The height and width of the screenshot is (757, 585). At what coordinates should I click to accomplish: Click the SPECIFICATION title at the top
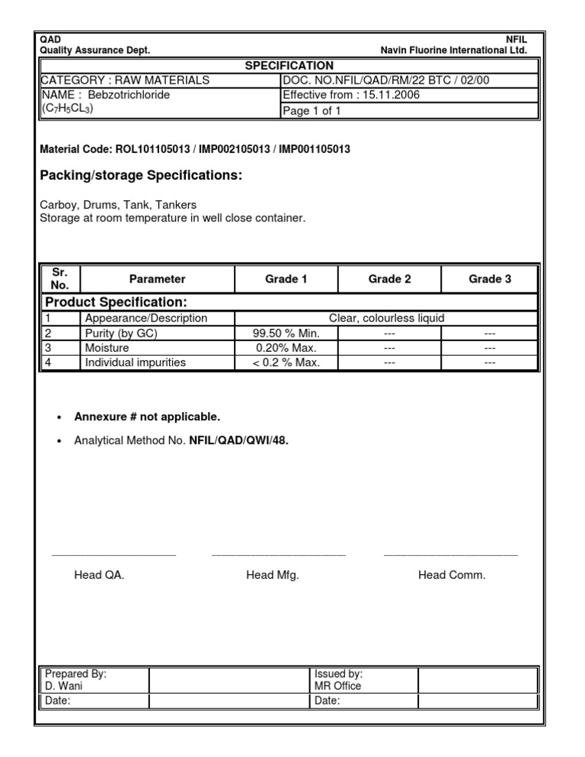(x=289, y=66)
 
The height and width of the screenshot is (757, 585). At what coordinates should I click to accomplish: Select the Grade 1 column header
(x=286, y=279)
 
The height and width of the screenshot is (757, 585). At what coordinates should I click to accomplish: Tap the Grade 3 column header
(x=490, y=279)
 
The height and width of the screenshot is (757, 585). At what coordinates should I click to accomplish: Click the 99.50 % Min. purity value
(x=286, y=333)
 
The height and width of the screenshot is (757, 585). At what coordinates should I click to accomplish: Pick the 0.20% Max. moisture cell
(x=286, y=348)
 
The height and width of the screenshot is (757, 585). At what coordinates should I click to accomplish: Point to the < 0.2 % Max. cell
(x=286, y=363)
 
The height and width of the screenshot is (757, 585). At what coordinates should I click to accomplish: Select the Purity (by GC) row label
(x=122, y=333)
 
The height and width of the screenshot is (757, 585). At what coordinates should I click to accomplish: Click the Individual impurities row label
(x=135, y=363)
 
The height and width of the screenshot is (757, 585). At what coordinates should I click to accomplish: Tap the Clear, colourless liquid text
(x=386, y=318)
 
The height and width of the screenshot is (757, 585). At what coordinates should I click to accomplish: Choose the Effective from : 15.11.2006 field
(x=350, y=95)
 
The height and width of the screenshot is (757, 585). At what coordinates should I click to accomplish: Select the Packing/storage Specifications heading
(x=141, y=176)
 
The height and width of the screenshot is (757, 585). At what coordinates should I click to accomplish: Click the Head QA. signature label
(x=99, y=575)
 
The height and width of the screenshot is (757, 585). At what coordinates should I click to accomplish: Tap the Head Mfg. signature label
(x=272, y=575)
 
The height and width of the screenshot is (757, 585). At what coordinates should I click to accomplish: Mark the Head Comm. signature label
(x=451, y=575)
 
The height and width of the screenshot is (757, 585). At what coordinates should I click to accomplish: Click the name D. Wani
(x=64, y=685)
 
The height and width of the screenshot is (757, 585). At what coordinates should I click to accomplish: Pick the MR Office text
(x=337, y=685)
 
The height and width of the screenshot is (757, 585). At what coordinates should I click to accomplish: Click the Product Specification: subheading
(x=117, y=302)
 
